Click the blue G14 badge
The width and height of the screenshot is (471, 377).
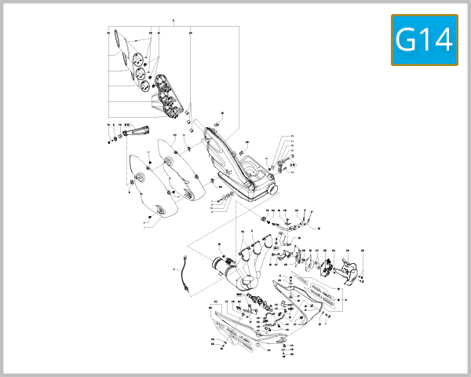(x=424, y=40)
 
